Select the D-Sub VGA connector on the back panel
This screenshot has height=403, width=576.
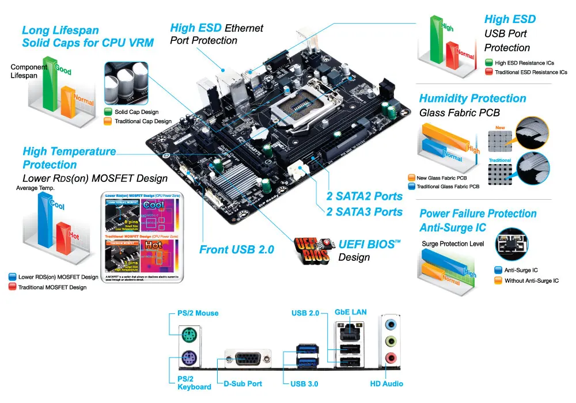pos(248,359)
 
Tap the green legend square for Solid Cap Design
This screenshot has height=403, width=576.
pos(108,112)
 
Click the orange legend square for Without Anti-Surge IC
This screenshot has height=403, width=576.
pos(499,280)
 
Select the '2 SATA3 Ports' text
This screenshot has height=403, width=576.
pos(364,211)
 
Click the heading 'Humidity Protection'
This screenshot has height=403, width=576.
pos(472,98)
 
